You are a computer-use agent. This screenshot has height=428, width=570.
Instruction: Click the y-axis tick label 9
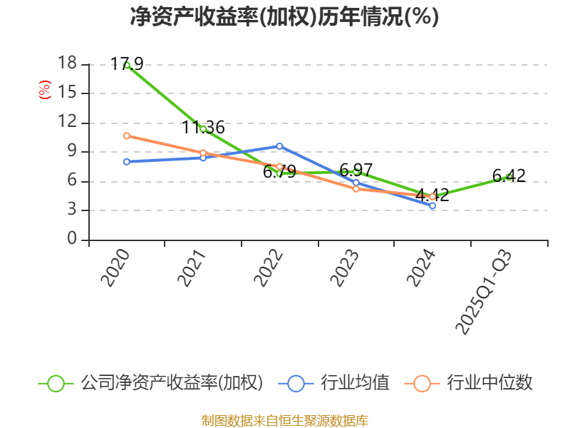72,152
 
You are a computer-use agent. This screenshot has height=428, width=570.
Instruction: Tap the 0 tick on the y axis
72,240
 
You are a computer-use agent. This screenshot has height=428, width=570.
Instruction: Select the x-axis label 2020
115,267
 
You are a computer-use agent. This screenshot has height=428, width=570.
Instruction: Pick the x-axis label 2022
269,267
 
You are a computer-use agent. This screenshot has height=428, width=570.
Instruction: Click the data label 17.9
127,64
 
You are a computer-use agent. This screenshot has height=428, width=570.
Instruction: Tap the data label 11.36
203,128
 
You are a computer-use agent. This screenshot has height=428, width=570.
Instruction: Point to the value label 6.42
509,175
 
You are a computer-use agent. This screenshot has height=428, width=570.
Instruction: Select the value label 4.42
432,195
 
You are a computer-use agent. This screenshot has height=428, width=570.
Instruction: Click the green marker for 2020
127,65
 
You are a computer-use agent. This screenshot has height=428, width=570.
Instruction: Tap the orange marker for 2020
127,136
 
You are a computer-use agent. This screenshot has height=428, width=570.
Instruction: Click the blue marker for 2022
279,146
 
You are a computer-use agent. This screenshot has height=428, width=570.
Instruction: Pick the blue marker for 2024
432,205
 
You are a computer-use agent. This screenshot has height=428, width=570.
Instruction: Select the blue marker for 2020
127,161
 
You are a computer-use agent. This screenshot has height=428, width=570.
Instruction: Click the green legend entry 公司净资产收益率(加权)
151,383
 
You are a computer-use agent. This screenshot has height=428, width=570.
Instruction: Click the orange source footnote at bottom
284,420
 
